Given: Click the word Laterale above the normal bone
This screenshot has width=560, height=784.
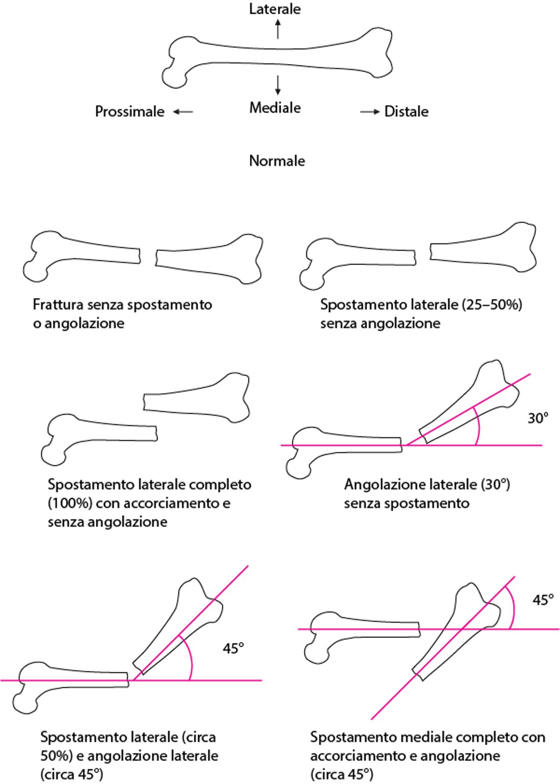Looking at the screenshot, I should coord(275,9).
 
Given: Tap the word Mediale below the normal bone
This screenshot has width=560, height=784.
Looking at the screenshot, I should coord(275,108).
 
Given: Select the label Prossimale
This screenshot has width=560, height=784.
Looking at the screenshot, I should coord(130,111).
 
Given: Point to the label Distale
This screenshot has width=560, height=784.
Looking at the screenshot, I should coord(406,111).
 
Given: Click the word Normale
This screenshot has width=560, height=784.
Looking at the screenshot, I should coord(277,161).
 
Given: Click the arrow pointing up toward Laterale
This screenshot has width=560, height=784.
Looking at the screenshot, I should coord(278,29).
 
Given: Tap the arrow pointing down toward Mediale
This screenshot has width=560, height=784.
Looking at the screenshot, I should coord(278,85).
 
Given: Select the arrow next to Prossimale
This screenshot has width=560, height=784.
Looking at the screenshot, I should coord(183,112).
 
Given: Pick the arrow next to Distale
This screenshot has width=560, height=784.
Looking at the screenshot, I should coord(370,112).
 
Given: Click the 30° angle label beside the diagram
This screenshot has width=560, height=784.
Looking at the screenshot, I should coord(538,418).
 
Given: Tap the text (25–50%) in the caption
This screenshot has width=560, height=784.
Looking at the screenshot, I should coord(492,305).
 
